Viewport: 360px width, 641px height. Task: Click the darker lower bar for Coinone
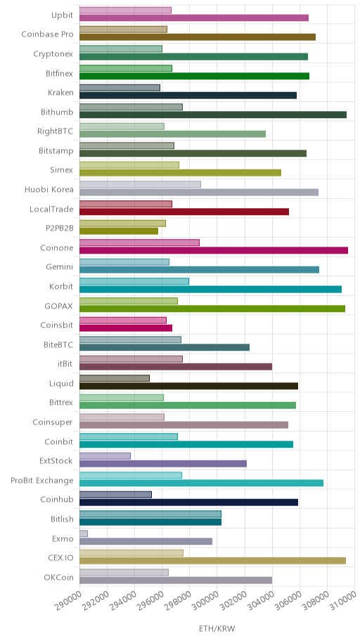[214, 251]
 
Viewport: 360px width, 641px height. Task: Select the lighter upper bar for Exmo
[84, 533]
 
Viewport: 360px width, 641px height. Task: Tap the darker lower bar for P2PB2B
[119, 231]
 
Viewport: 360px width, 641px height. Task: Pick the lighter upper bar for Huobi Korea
[140, 184]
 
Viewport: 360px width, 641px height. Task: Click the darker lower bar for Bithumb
[213, 115]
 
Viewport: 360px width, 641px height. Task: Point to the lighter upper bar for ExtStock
[105, 456]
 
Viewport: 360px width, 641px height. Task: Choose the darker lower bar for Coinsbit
[126, 328]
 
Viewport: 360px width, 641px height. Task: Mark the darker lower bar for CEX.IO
[212, 560]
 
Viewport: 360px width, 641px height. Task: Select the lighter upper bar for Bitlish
[150, 514]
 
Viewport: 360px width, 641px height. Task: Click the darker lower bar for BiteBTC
[165, 347]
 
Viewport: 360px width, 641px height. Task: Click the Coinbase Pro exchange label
[47, 34]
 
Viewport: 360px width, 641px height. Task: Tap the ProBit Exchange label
[42, 480]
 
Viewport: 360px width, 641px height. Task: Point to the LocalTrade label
[51, 209]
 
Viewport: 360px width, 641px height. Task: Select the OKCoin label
[59, 578]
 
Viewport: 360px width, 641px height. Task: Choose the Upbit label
[62, 15]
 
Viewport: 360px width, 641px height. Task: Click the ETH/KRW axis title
[217, 629]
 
